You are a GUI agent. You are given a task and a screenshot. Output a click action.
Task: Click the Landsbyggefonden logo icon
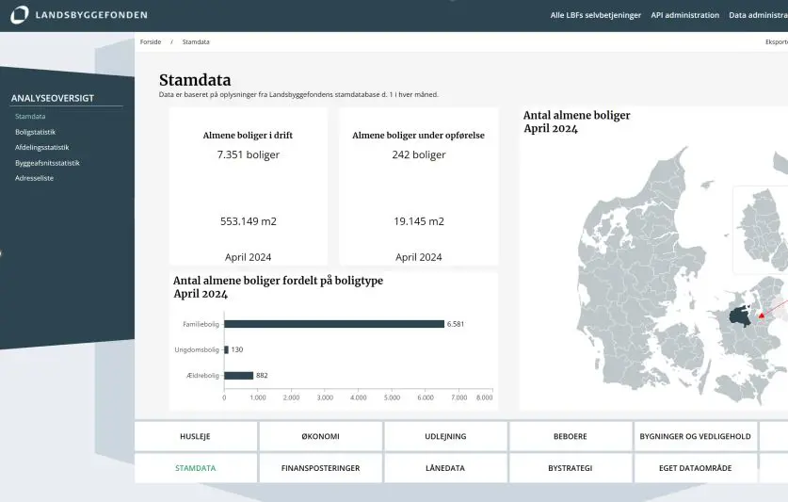point(20,15)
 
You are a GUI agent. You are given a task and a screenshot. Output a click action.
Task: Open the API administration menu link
point(684,15)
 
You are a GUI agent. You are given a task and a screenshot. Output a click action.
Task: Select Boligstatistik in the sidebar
point(35,132)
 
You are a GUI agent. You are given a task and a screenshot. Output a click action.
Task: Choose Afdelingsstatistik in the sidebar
point(41,147)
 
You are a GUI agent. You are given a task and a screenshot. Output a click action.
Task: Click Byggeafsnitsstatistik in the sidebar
point(47,163)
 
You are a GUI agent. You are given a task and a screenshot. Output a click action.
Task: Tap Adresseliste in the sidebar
point(34,178)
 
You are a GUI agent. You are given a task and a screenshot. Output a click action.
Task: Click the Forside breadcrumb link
point(151,42)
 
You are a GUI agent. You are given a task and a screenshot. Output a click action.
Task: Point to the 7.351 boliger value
point(248,154)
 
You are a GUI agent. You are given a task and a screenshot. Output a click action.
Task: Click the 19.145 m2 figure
point(418,221)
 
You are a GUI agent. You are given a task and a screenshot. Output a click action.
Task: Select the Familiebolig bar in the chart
point(334,324)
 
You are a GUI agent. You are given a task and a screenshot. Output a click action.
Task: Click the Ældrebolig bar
point(239,375)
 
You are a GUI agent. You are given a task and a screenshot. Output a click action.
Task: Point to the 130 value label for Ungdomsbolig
point(237,349)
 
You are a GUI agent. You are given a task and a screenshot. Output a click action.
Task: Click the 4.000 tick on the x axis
point(358,397)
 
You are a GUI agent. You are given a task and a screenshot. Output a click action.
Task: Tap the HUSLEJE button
point(195,436)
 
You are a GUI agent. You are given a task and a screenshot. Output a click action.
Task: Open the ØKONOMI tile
point(320,436)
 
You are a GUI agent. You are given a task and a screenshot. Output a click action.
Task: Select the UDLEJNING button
point(445,436)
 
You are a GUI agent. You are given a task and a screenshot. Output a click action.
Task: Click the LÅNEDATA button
point(445,468)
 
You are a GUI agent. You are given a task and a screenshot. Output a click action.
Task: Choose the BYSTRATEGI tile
point(570,468)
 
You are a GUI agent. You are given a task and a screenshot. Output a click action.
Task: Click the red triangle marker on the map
point(762,315)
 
